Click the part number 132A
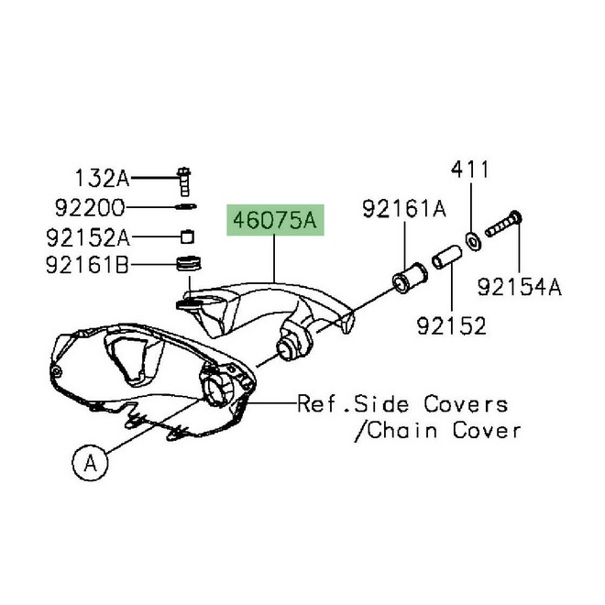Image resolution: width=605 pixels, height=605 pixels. point(102,179)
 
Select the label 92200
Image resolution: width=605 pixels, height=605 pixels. point(90,207)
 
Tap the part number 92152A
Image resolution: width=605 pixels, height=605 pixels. point(88,236)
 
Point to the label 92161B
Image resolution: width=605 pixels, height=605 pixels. point(87,265)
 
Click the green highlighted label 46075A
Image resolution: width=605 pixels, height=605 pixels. point(275,220)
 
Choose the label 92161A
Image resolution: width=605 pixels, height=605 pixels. point(404,209)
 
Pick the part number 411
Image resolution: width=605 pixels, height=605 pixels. point(470,169)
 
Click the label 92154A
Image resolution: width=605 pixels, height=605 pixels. point(520,287)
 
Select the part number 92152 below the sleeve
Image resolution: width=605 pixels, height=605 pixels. point(451,326)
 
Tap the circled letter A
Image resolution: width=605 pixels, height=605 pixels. point(90,462)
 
